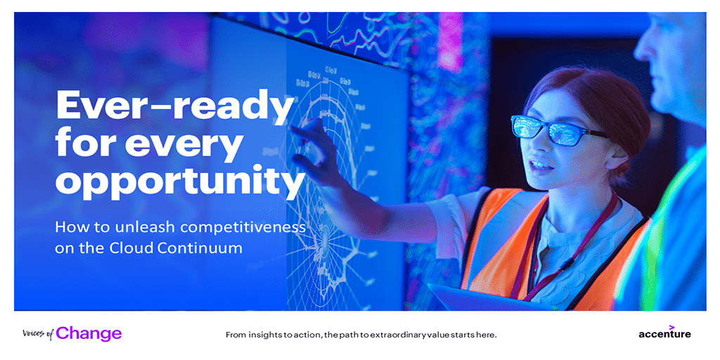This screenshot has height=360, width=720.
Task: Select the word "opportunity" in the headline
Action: click(179, 181)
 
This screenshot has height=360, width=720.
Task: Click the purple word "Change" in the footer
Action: click(89, 333)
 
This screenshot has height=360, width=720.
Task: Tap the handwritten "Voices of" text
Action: click(38, 334)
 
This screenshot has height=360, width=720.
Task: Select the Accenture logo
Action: click(664, 332)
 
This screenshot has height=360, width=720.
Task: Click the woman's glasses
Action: click(558, 130)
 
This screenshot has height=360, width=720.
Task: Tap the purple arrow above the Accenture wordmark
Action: click(671, 326)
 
